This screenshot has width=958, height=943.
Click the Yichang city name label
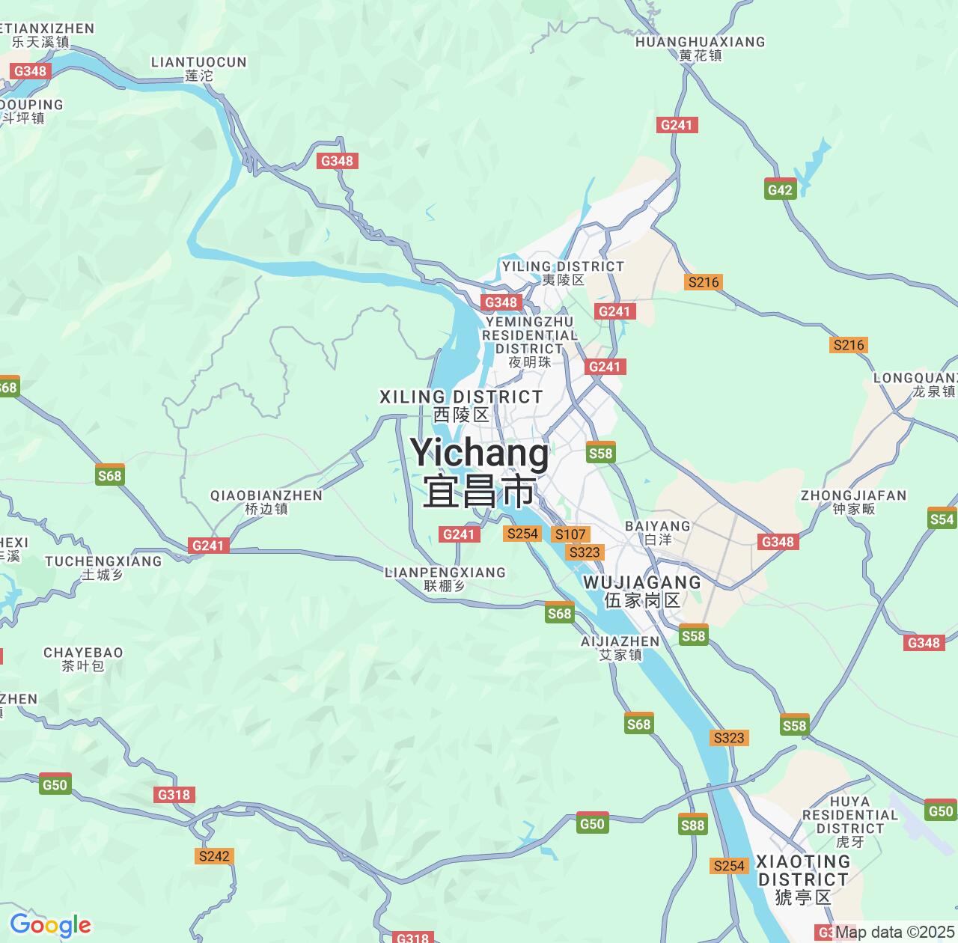tap(479, 471)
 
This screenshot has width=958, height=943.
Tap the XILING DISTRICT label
tap(461, 405)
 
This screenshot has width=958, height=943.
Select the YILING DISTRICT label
tap(563, 272)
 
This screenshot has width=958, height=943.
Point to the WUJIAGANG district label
tap(642, 590)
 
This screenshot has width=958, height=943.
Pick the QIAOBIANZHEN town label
tap(266, 501)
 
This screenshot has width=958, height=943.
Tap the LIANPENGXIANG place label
tap(445, 579)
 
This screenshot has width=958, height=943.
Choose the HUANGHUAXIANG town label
tap(701, 48)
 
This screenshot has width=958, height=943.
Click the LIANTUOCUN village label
tap(199, 68)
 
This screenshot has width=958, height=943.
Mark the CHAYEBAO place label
tap(83, 659)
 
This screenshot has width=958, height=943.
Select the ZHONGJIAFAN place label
tap(853, 501)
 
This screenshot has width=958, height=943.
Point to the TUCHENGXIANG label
tap(103, 567)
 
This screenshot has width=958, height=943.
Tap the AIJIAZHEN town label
tap(620, 647)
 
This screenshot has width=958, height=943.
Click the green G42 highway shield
tap(780, 189)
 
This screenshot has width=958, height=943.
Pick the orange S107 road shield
tap(570, 534)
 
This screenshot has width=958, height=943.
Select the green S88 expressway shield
tap(692, 824)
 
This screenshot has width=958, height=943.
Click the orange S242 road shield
tap(214, 855)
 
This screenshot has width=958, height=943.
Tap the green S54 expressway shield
tap(942, 519)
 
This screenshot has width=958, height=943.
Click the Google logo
tap(50, 925)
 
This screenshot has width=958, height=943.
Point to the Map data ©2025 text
tap(894, 932)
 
